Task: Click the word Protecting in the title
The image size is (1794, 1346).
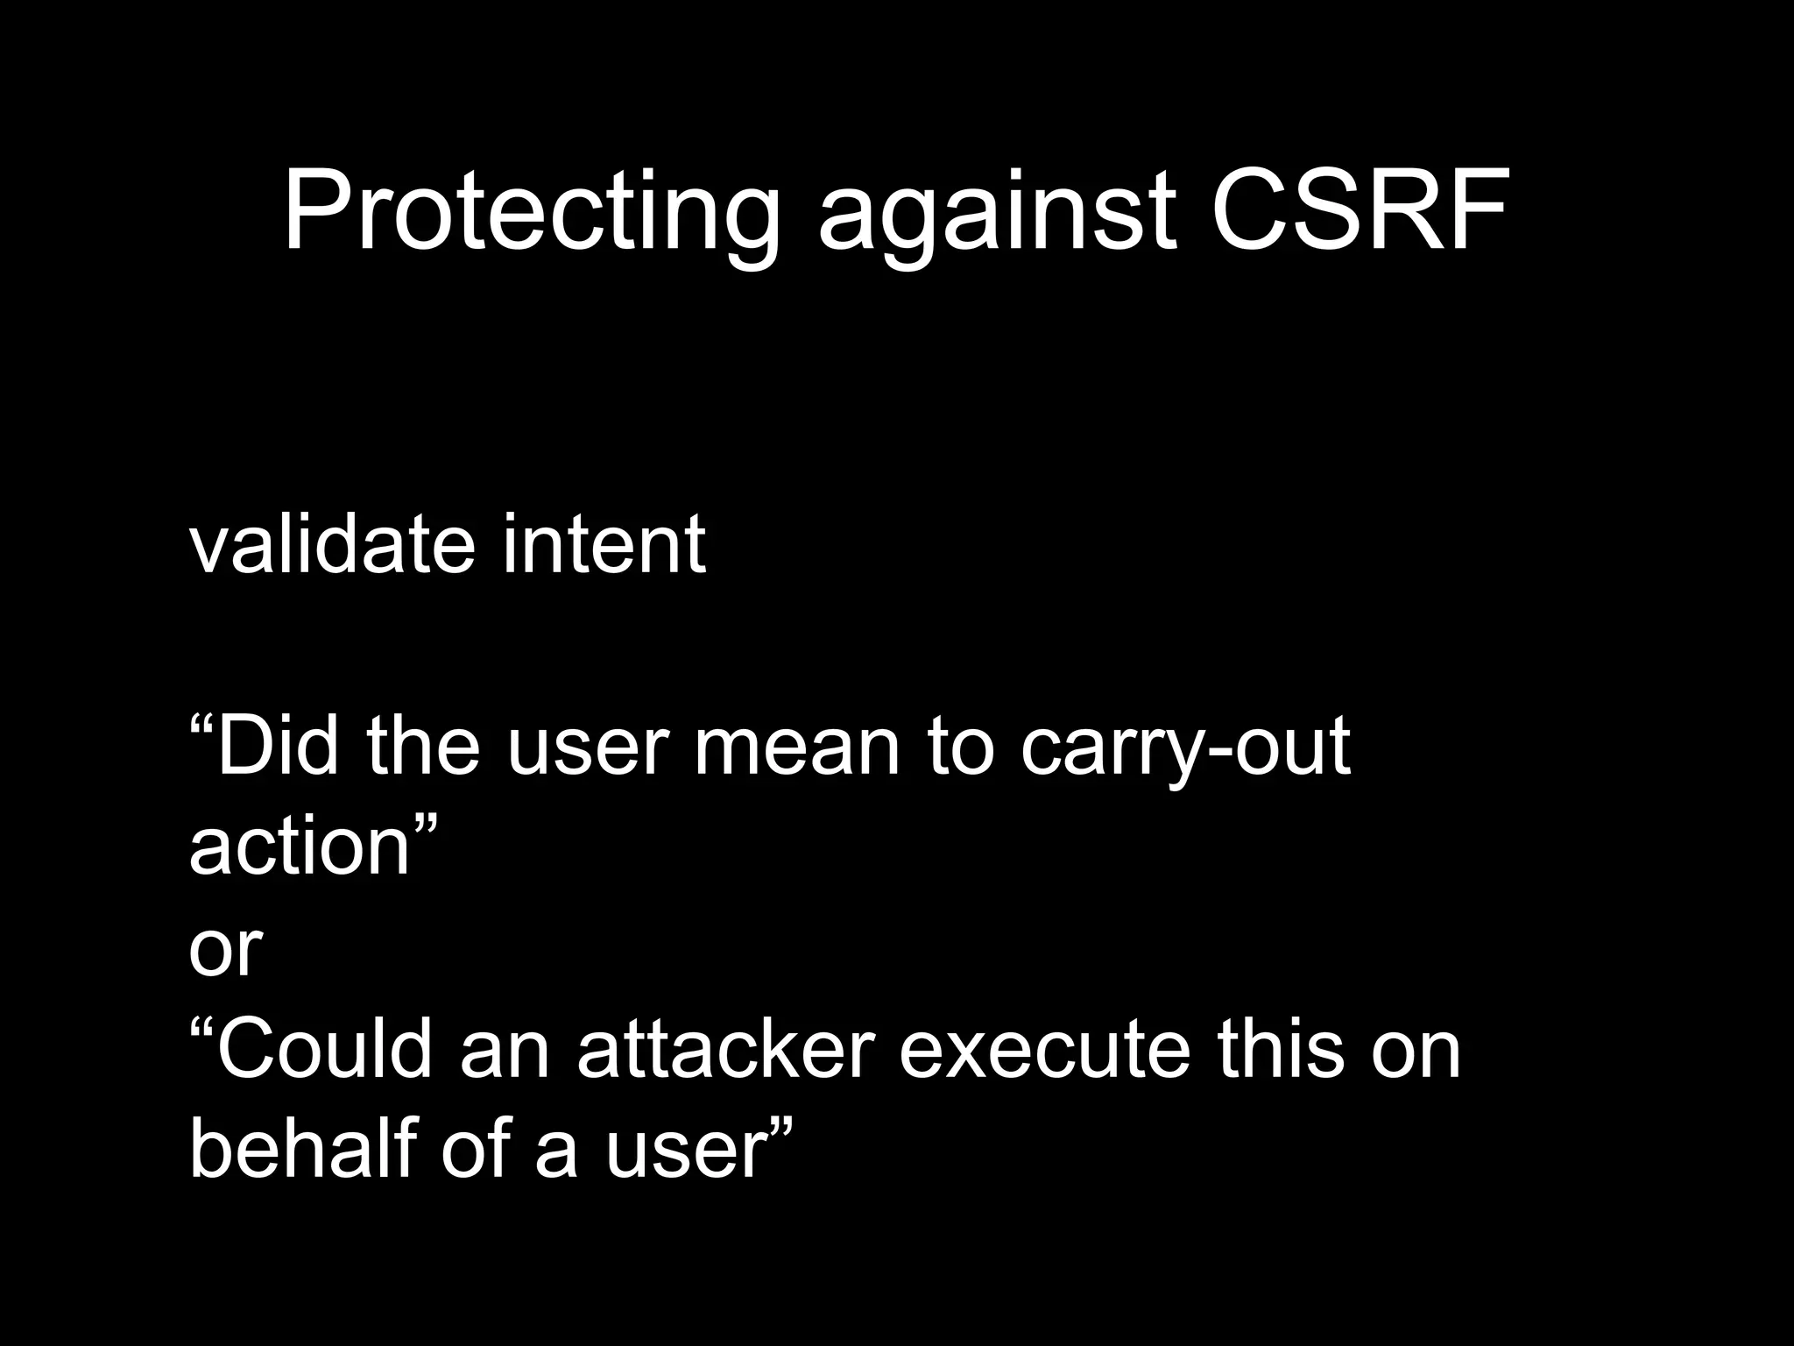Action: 531,213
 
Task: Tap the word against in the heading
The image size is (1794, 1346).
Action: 996,213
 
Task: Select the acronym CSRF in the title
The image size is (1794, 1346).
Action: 1360,213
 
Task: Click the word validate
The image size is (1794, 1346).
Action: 332,545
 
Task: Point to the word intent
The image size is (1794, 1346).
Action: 604,545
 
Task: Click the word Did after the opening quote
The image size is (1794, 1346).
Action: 277,747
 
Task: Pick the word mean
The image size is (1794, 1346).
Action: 796,747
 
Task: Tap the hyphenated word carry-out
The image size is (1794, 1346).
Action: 1184,747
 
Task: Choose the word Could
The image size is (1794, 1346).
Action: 325,1049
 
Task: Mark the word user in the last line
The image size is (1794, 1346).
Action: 685,1150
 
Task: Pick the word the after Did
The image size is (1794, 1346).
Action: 423,747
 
